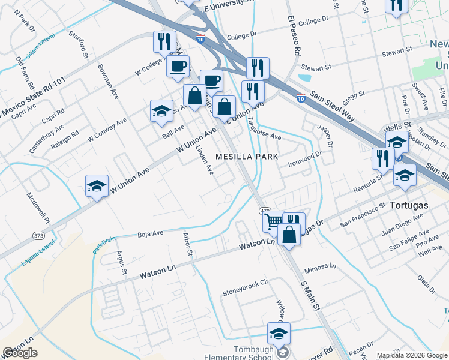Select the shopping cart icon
point(274,221)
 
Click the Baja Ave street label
point(150,233)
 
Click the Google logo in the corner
point(20,353)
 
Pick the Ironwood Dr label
point(306,158)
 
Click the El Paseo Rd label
point(294,37)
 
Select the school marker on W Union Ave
point(96,186)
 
